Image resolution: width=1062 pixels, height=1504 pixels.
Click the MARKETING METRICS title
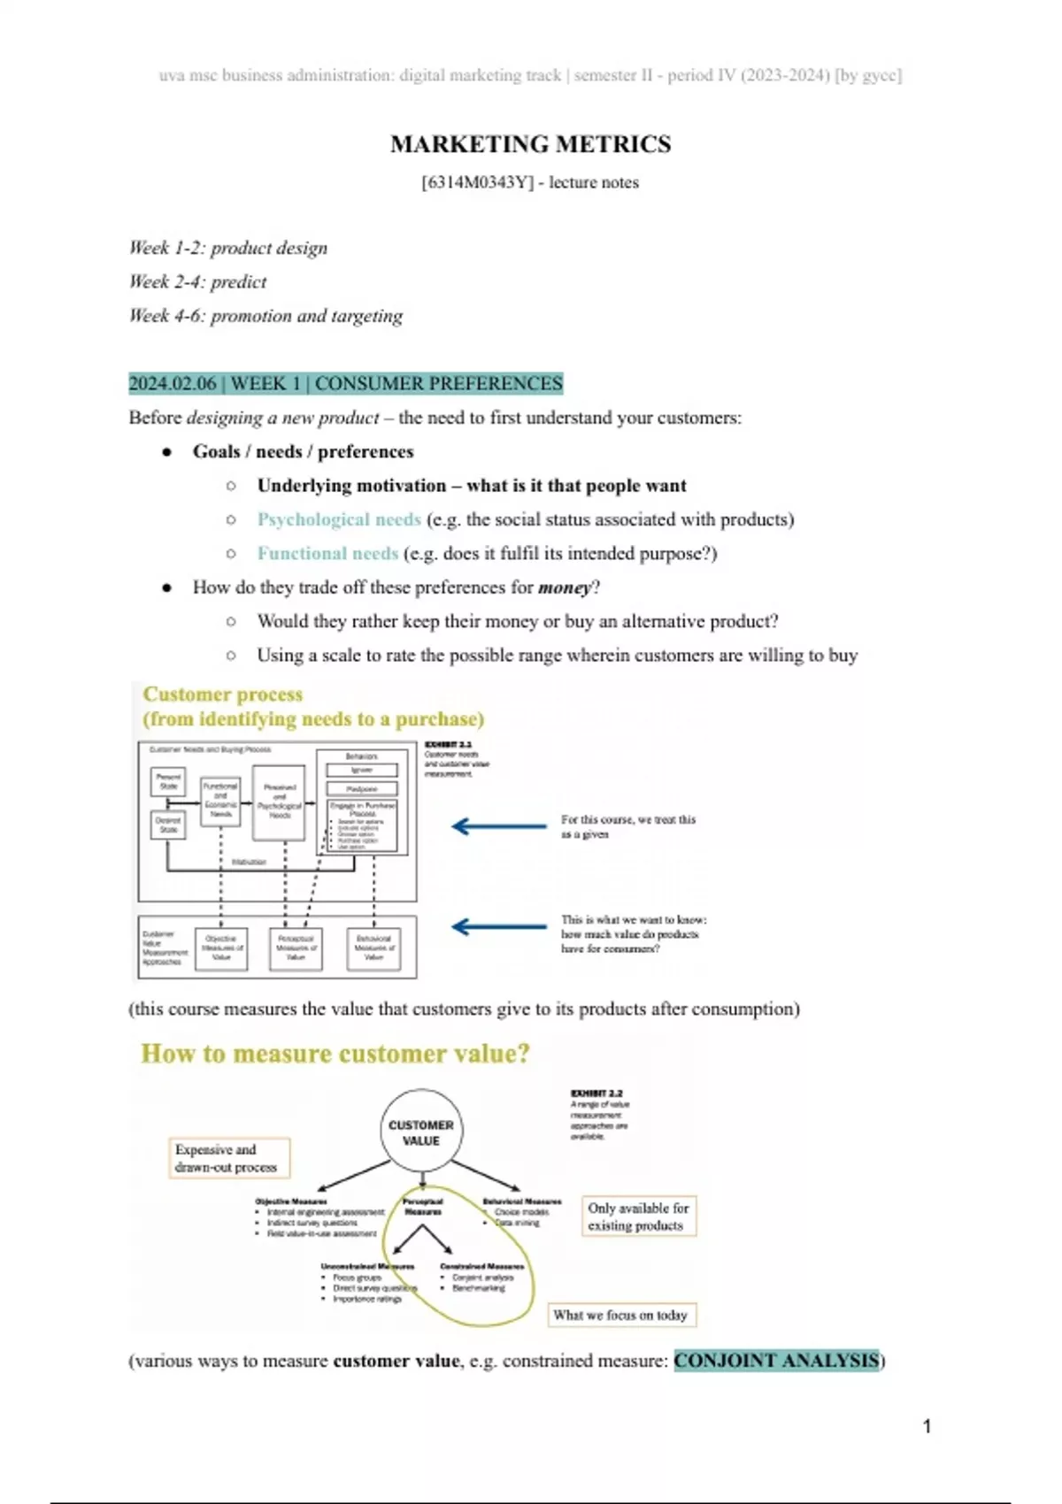[x=530, y=144]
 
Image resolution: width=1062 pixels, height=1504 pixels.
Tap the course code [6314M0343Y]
[x=478, y=183]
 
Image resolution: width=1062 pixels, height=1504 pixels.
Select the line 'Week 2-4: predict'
[x=197, y=282]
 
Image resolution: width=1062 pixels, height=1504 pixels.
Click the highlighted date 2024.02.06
[x=173, y=384]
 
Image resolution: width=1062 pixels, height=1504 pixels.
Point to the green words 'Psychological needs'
[x=339, y=519]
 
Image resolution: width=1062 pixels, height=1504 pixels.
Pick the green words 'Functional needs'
[x=327, y=554]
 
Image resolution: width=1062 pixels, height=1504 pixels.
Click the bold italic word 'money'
[x=564, y=587]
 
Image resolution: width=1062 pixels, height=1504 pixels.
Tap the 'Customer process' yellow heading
[x=223, y=694]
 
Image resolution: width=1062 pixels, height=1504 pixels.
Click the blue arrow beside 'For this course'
[x=499, y=826]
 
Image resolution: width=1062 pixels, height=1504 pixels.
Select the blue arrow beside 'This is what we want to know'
[x=499, y=926]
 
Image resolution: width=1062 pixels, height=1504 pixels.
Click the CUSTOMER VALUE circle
[x=421, y=1132]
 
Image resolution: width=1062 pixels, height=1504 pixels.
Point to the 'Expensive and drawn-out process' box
[x=228, y=1158]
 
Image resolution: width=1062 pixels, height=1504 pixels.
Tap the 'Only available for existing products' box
[x=638, y=1216]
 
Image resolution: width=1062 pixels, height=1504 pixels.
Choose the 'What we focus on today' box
[x=620, y=1316]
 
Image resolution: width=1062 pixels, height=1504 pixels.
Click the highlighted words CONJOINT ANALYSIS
[x=777, y=1361]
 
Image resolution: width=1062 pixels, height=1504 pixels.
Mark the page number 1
[x=927, y=1426]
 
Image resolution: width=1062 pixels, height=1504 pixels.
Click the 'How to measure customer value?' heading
[x=335, y=1054]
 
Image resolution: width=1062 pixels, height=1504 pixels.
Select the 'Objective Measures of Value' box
[x=221, y=948]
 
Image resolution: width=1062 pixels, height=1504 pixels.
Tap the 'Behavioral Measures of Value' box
[x=373, y=948]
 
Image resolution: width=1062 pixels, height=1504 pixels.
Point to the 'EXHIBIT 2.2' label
[x=596, y=1093]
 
